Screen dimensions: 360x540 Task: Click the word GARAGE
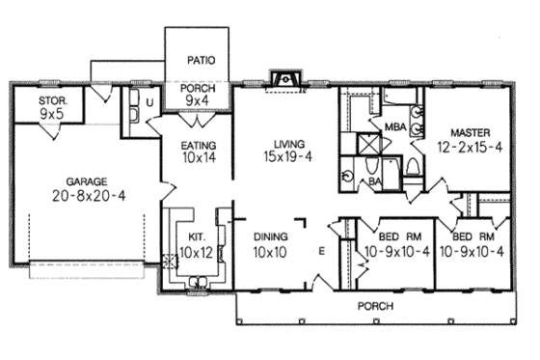pyautogui.click(x=86, y=180)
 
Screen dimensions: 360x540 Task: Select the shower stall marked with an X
pyautogui.click(x=369, y=145)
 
